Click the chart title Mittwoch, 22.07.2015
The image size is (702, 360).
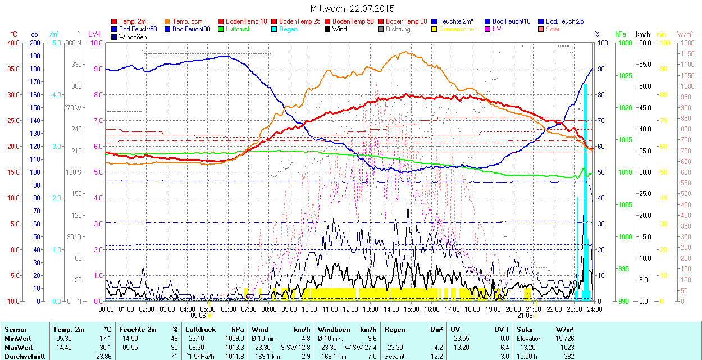coord(352,8)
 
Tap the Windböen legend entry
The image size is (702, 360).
coord(133,37)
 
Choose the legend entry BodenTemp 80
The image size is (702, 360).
coord(407,21)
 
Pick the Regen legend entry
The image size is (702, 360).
coord(288,29)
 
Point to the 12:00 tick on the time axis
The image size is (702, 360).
coord(350,309)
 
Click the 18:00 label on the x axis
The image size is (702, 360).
coord(472,309)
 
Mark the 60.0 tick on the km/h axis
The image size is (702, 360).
coord(643,43)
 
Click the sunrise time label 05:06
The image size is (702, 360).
coord(198,316)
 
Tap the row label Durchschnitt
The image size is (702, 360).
coord(24,357)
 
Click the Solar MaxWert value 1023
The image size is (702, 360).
coord(568,348)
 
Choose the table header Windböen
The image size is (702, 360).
coord(335,330)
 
